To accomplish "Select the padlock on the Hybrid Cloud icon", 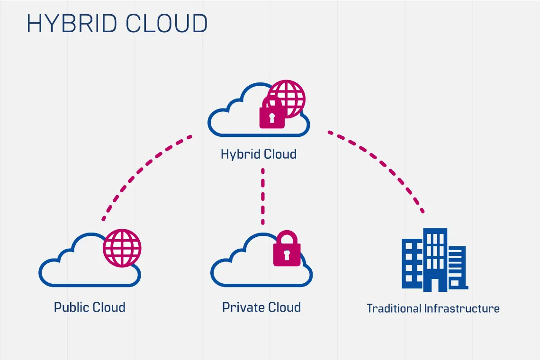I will point(272,115).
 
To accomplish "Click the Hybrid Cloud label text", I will point(259,154).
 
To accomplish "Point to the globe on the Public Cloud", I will point(122,248).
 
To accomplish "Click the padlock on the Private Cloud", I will point(287,251).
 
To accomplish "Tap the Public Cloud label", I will point(90,307).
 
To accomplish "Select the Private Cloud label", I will point(261,307).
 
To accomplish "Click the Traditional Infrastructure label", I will point(433,309).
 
